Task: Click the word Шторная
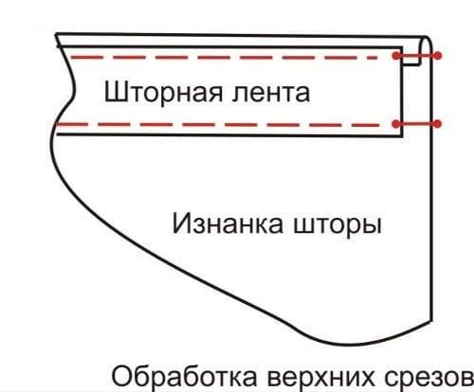tap(163, 92)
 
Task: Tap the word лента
tap(270, 94)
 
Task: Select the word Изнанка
tap(228, 223)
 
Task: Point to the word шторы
tap(337, 225)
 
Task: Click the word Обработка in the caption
tap(184, 378)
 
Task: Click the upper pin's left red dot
tap(396, 56)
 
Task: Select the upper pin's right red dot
tap(437, 56)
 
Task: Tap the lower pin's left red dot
tap(396, 124)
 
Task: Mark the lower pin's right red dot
tap(437, 124)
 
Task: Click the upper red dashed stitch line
tap(224, 58)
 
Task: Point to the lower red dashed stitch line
tap(217, 125)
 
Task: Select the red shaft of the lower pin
tap(416, 124)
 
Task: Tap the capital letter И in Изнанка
tap(182, 223)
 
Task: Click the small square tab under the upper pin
tap(411, 60)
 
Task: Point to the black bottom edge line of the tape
tap(229, 135)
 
